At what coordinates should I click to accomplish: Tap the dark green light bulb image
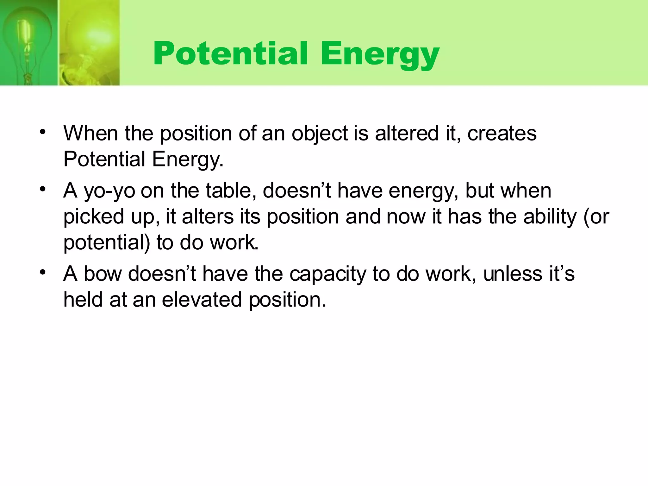[28, 43]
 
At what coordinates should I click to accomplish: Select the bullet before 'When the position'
[43, 132]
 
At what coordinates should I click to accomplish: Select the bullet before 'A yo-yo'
[43, 190]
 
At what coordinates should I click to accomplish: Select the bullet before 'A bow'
[43, 272]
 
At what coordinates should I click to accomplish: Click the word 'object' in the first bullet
[320, 134]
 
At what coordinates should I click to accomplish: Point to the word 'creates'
[502, 134]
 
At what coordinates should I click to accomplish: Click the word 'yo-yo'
[109, 191]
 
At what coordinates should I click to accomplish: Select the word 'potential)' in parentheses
[107, 243]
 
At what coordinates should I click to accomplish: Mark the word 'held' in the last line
[83, 300]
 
